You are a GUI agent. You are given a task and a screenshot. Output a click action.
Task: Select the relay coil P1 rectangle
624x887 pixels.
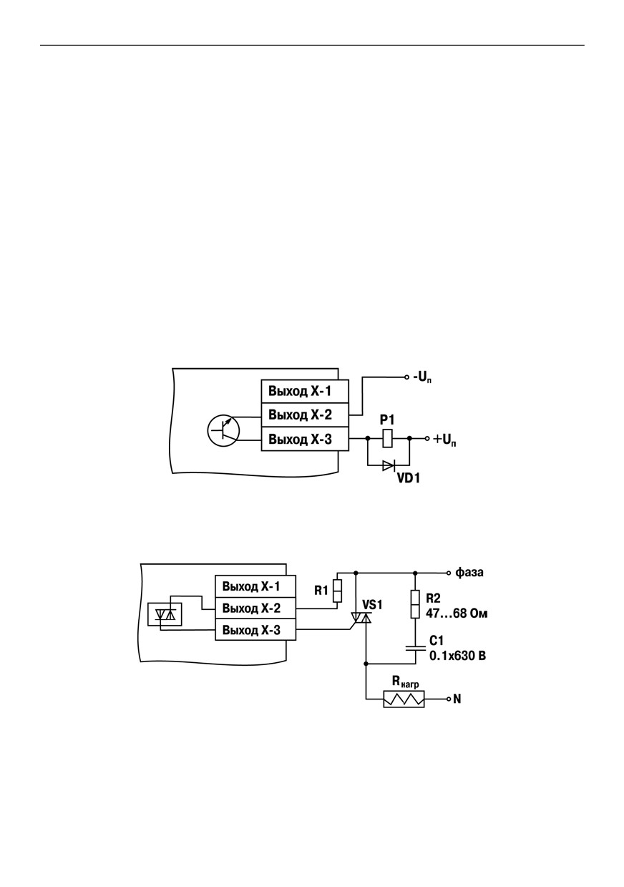[388, 438]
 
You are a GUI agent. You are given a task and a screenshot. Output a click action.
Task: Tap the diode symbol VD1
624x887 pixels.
[389, 465]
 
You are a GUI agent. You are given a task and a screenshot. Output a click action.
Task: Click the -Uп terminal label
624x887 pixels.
[422, 378]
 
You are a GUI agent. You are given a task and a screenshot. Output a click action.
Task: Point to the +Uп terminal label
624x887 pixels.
[444, 440]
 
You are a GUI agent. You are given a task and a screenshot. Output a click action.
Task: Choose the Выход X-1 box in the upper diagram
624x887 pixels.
[305, 392]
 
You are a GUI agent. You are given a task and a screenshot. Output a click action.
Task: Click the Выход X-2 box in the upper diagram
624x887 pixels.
[305, 415]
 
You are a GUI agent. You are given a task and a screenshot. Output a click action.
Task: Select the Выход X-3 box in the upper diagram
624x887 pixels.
[305, 439]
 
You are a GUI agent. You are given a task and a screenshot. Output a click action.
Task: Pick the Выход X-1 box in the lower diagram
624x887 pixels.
[255, 586]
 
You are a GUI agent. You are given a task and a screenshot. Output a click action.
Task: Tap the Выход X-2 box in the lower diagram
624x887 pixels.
[255, 608]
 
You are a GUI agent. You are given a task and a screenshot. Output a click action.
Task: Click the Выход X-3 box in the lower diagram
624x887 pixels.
[255, 629]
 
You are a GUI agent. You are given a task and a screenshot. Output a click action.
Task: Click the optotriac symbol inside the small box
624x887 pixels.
[165, 614]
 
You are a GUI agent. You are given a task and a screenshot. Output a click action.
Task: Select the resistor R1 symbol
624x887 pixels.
[337, 591]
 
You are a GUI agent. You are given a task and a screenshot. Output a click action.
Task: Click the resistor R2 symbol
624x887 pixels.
[415, 604]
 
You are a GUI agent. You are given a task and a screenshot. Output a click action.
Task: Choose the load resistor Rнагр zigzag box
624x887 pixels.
[404, 699]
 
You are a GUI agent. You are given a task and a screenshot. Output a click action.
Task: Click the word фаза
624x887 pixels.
[469, 573]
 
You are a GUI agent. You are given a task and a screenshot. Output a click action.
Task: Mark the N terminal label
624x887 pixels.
[457, 699]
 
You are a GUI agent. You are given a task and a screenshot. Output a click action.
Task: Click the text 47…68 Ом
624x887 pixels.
[457, 614]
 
